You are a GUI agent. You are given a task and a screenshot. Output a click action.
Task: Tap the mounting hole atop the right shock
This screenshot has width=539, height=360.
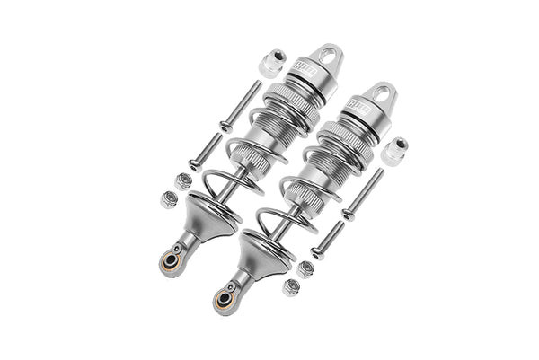(384, 95)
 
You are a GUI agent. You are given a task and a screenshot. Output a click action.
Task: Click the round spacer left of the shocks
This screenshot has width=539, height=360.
(270, 64)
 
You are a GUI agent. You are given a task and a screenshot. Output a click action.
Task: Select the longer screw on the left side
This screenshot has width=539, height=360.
(240, 106)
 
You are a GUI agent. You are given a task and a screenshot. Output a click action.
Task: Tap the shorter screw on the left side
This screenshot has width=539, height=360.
(206, 149)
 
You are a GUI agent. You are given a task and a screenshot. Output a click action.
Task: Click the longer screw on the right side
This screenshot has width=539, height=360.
(363, 194)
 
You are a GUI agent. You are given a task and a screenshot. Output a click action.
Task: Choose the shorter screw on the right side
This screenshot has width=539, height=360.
(328, 240)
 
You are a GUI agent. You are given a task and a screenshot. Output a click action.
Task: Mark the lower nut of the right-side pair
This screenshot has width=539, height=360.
(290, 287)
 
